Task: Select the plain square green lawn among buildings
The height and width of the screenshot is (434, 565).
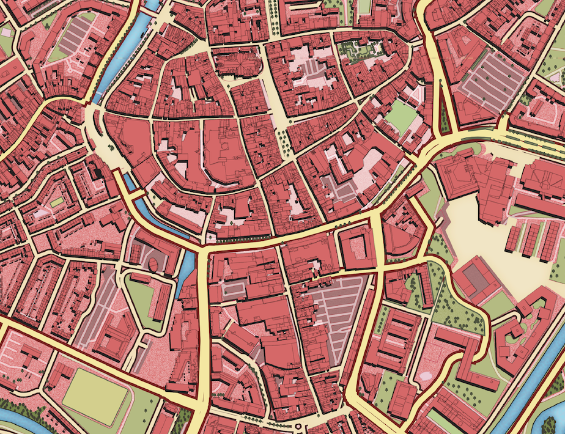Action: pos(402,116)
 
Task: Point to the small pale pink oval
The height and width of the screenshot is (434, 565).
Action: pos(426,374)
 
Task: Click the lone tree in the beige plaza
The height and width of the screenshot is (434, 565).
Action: pos(111,147)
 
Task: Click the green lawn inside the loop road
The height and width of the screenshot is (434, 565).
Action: pos(141,300)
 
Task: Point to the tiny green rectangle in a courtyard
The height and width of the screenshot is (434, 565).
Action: pos(57,202)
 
